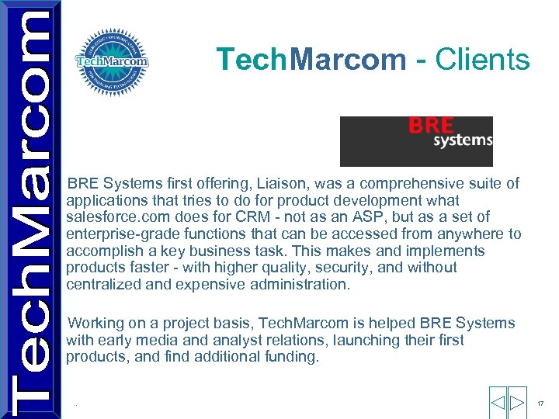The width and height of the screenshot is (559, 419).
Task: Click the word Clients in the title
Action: [x=483, y=59]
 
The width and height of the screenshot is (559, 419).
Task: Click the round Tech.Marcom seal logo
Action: [x=112, y=61]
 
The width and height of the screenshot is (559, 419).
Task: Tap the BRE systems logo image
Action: [x=416, y=141]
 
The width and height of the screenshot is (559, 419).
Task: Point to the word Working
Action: [x=96, y=323]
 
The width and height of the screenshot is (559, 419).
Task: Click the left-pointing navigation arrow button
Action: [x=498, y=403]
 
